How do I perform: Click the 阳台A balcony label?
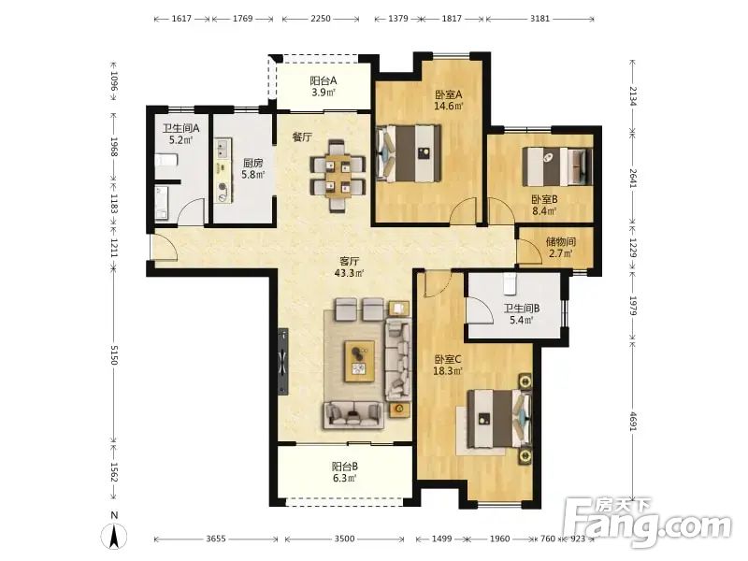coord(323,80)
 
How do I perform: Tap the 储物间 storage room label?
coord(560,242)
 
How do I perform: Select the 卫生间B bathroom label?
coord(522,309)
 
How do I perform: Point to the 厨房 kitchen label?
coord(252,163)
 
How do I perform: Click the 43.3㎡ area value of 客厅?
coord(349,273)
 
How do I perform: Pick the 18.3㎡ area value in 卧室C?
coord(448,370)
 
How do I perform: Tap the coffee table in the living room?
coord(360,361)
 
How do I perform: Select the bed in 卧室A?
coord(409,153)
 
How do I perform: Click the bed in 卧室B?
coord(557,166)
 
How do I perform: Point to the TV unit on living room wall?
coord(283,361)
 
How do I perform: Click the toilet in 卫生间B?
coord(510,284)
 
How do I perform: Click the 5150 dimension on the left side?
coord(113,355)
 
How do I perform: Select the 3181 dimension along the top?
coord(539,19)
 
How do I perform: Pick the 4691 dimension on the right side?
coord(633,422)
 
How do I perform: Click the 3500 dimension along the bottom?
coord(344,539)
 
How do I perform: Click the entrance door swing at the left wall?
coord(165,248)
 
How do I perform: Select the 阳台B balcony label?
coord(344,467)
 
